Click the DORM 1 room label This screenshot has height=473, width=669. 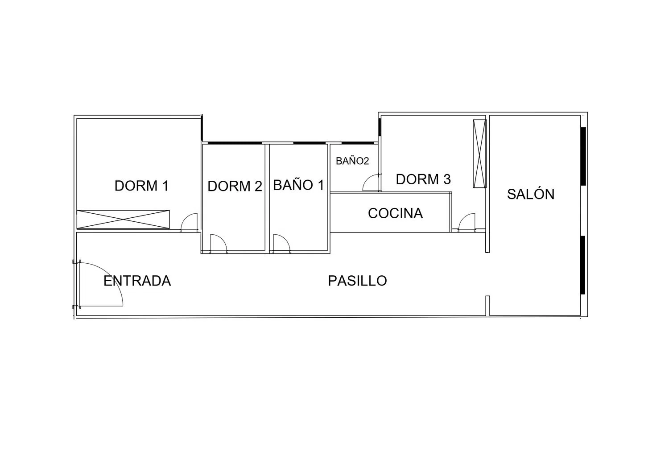tap(141, 186)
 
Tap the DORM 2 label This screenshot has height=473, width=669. tap(235, 186)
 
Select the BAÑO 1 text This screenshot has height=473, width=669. tap(299, 185)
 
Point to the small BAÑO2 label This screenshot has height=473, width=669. tap(352, 161)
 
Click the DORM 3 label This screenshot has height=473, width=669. tap(423, 179)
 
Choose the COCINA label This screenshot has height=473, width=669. tap(396, 213)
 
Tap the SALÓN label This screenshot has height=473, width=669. tap(531, 194)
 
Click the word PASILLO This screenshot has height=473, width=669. tap(358, 281)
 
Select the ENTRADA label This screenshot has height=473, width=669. tap(137, 281)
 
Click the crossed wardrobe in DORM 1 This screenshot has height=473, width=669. tap(123, 219)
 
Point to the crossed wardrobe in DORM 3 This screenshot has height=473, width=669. tap(479, 154)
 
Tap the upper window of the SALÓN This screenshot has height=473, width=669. tap(583, 156)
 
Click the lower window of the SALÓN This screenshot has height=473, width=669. tap(582, 265)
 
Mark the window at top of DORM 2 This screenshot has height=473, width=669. tap(235, 143)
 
